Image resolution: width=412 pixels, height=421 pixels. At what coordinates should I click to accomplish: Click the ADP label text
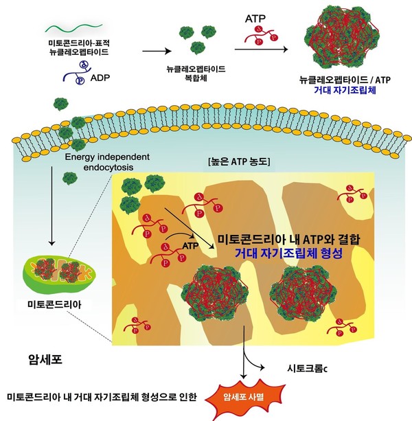pos(100,78)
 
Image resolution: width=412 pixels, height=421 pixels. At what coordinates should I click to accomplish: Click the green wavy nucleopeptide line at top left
pos(73,27)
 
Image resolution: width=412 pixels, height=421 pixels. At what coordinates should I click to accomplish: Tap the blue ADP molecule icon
pos(76,73)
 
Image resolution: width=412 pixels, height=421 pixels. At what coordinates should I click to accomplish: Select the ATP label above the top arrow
pos(255,19)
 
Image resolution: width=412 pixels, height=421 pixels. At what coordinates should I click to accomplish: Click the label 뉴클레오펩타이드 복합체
pos(196,73)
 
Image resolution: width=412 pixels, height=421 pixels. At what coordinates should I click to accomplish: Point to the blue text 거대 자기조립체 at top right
pos(345,90)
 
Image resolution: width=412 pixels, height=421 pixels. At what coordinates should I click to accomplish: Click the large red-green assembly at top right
pos(342,37)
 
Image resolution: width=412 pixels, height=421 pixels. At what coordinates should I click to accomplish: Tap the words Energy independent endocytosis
pos(107,162)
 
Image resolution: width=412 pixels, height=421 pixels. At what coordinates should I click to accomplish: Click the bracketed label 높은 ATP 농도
pos(239,161)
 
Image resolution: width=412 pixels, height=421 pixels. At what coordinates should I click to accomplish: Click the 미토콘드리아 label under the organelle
pos(54,305)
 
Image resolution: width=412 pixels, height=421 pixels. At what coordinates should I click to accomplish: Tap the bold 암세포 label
pos(45,359)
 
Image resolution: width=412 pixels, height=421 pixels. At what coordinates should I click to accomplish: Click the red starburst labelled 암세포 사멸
pos(244,397)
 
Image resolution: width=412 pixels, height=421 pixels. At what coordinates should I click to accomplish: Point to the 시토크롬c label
pos(307,369)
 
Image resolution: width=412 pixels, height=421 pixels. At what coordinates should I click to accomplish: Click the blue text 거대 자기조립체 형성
pos(289,253)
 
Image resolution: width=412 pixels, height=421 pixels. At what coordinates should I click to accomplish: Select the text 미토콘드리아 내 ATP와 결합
pos(289,239)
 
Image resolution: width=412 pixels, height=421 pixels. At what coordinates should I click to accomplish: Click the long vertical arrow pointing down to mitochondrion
pos(51,205)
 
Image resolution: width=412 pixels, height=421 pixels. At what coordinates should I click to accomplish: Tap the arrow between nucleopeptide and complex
pos(157,51)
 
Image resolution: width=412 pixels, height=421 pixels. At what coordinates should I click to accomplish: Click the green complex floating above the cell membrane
pos(61,104)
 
